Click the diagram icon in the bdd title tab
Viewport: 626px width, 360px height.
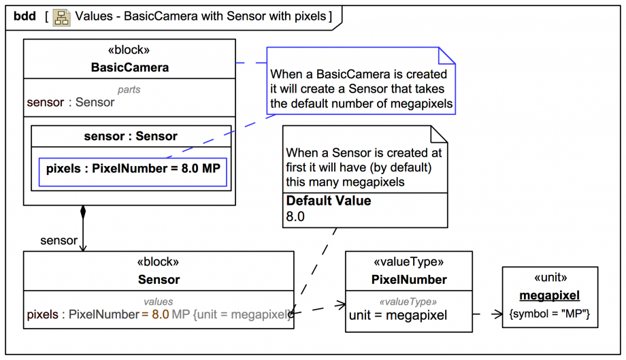click(x=61, y=16)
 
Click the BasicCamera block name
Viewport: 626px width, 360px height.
click(x=129, y=67)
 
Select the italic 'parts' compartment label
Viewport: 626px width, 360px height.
click(x=129, y=89)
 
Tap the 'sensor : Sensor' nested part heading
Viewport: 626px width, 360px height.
click(x=131, y=136)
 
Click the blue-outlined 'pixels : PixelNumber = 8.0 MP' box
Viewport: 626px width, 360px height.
click(x=133, y=169)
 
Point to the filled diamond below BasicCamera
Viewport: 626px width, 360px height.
click(x=83, y=211)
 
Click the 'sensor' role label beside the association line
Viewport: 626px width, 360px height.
click(x=59, y=240)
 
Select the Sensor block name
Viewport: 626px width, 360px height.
click(x=159, y=280)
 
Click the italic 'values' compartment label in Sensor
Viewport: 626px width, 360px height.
click(x=158, y=301)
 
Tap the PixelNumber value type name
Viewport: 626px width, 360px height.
click(x=409, y=280)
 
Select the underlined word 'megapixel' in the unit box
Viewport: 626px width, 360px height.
click(x=549, y=295)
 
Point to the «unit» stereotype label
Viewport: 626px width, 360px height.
click(x=549, y=278)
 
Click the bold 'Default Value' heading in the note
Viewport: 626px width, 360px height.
click(x=329, y=201)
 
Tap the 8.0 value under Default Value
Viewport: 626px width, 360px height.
click(x=295, y=217)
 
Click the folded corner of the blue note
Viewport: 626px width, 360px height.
click(x=446, y=55)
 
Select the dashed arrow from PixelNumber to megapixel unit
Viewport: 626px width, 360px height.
click(x=487, y=314)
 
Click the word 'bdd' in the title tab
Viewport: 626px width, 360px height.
click(x=24, y=16)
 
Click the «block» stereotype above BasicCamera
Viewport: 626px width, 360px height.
click(x=129, y=50)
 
